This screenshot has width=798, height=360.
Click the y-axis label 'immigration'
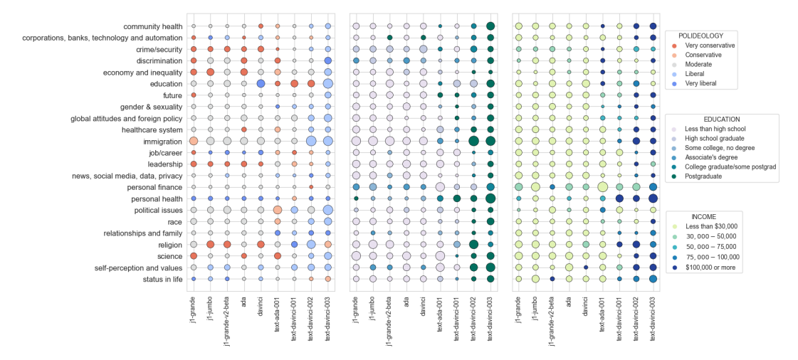[162, 142]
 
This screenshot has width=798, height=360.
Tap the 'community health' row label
[152, 26]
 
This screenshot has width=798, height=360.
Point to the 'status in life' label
[159, 280]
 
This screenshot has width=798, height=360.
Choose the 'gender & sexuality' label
[147, 107]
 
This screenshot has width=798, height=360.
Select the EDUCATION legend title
[720, 119]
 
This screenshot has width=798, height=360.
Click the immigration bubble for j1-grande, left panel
[193, 142]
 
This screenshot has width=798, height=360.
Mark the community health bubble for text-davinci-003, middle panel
[490, 26]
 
